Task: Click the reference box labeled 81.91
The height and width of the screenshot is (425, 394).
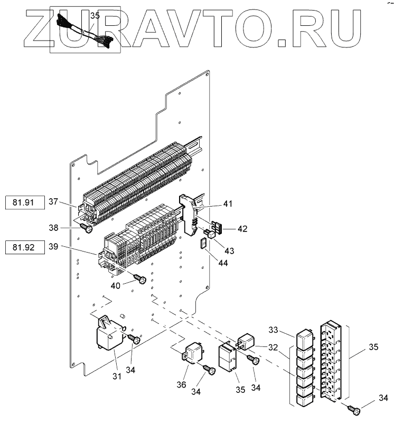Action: pos(24,202)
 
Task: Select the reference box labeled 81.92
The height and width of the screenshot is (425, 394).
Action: pos(24,246)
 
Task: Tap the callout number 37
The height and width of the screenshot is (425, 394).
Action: pos(54,202)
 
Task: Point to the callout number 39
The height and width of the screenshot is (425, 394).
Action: pos(54,246)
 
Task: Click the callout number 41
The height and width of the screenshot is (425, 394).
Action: pos(228,204)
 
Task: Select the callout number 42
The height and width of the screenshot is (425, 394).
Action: pos(242,229)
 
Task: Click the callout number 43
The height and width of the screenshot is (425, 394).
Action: pos(230,249)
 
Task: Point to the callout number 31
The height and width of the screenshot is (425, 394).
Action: pos(117,376)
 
